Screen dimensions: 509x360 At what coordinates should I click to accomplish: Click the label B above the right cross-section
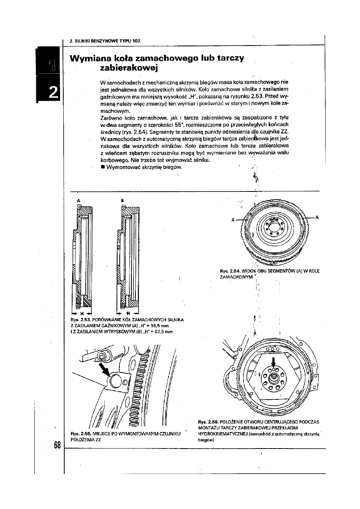(122, 199)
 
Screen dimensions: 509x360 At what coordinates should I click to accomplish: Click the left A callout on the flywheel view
(233, 220)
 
